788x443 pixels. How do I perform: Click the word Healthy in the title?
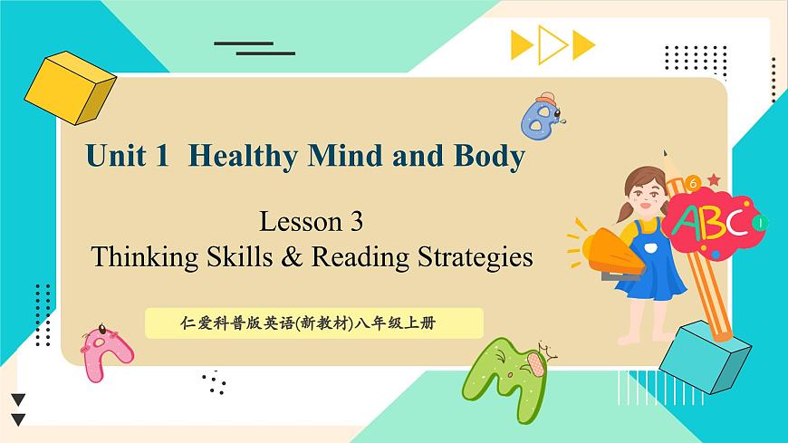(x=244, y=157)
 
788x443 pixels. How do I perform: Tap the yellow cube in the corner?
(x=70, y=87)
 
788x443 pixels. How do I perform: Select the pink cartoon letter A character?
(x=101, y=352)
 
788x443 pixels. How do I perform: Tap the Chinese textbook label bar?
(x=313, y=322)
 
